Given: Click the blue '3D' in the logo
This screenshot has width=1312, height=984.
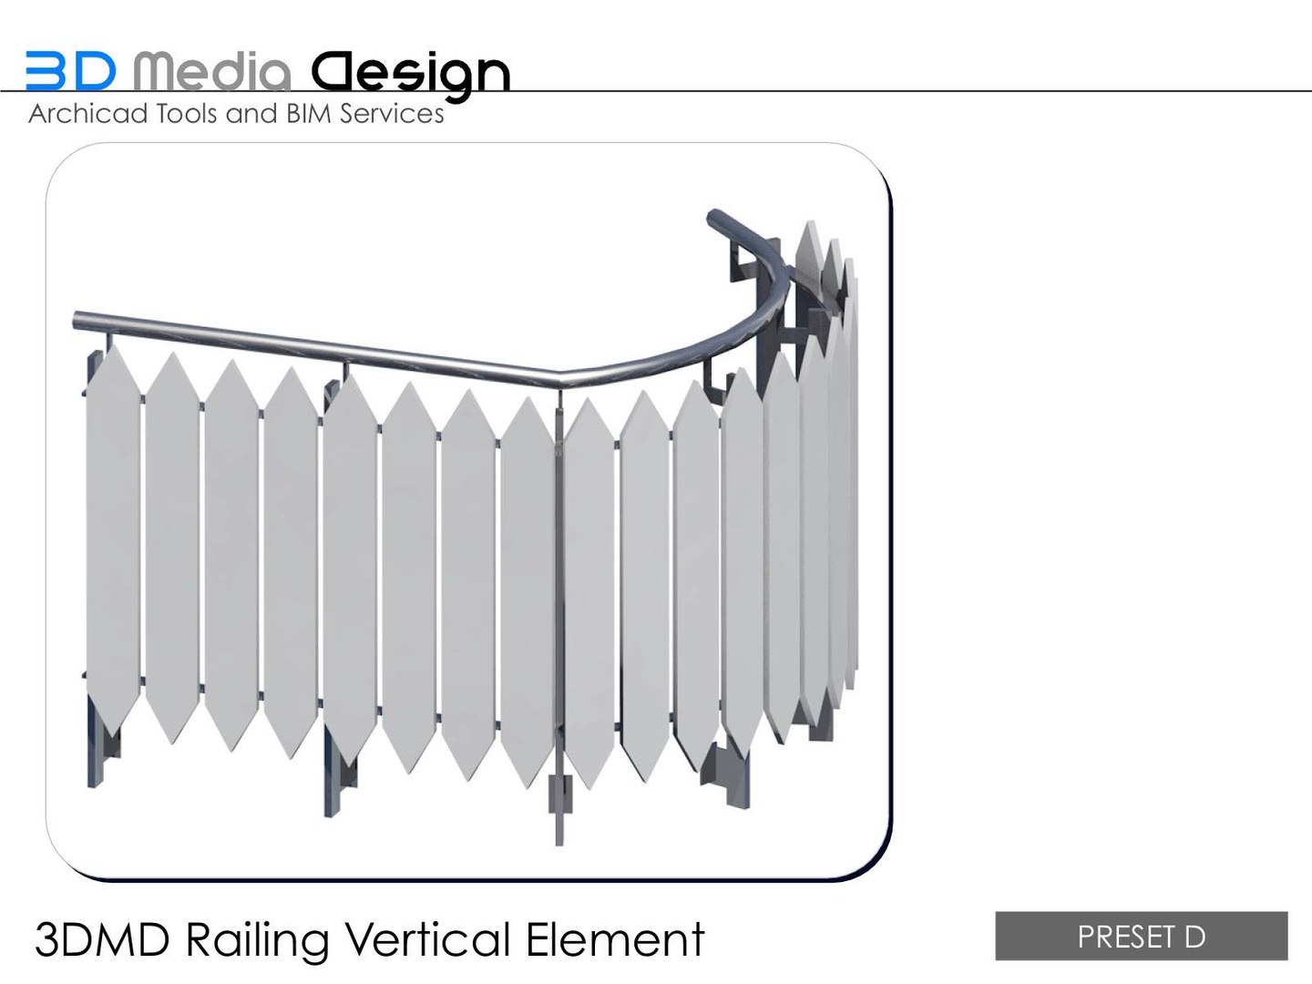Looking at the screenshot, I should pyautogui.click(x=70, y=71).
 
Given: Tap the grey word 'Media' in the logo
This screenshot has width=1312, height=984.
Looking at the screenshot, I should pyautogui.click(x=212, y=71).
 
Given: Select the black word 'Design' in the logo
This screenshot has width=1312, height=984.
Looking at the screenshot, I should pyautogui.click(x=410, y=73).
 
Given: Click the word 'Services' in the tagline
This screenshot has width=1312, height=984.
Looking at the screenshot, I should pyautogui.click(x=392, y=114).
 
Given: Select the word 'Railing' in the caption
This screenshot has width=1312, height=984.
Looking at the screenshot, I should pyautogui.click(x=256, y=939).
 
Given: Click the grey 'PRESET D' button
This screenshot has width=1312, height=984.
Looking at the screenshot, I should pyautogui.click(x=1141, y=936).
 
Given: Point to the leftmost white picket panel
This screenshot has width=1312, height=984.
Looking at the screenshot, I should pyautogui.click(x=114, y=538).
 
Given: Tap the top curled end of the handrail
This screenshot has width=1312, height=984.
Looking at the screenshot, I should pyautogui.click(x=713, y=219).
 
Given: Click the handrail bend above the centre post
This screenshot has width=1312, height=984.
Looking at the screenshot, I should pyautogui.click(x=561, y=374).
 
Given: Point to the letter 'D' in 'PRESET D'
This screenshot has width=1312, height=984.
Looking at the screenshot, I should pyautogui.click(x=1194, y=936).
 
